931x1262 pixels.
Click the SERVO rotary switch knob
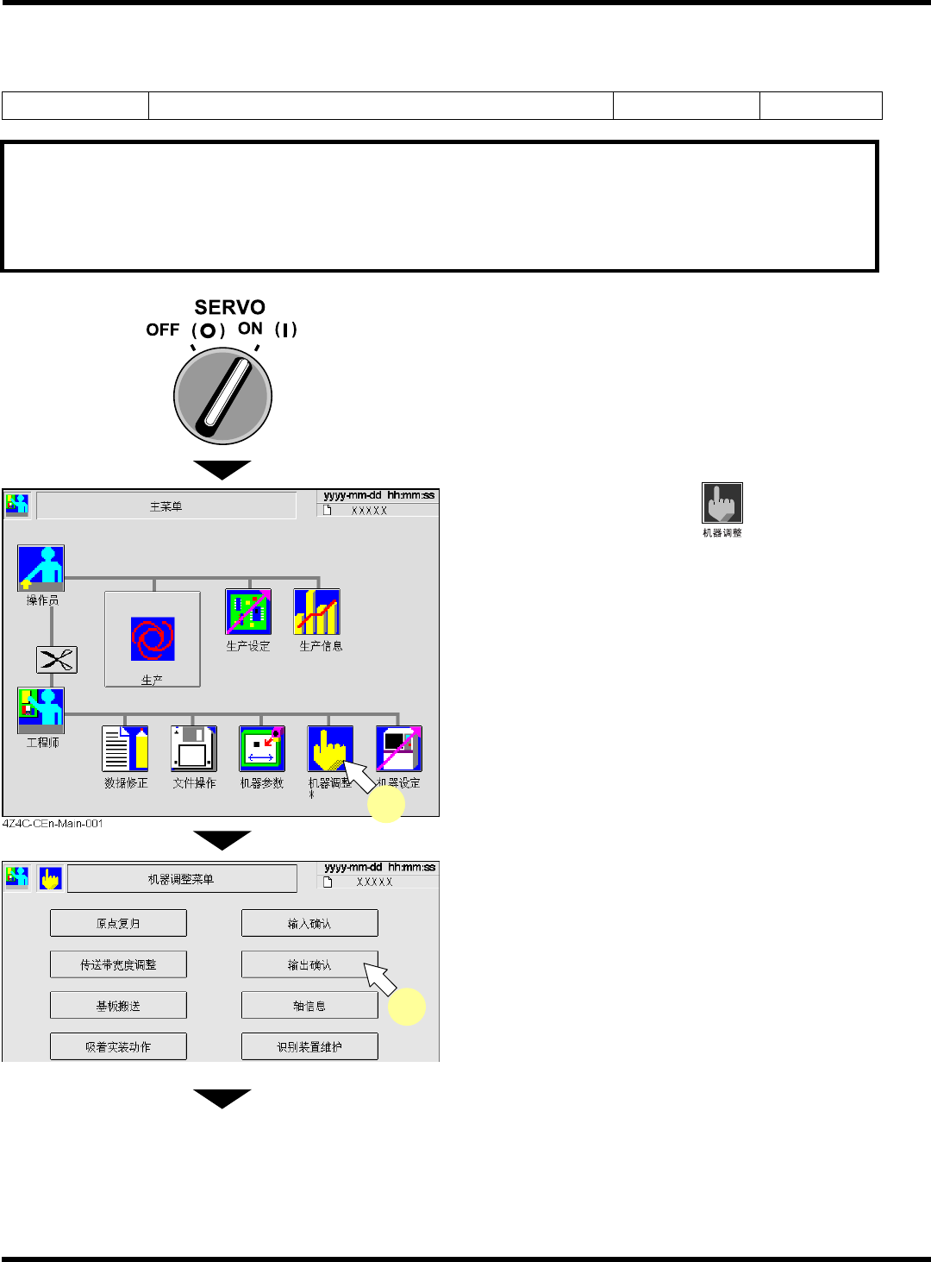[x=222, y=396]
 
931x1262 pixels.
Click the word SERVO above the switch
[x=229, y=307]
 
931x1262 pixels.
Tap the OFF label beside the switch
[x=162, y=330]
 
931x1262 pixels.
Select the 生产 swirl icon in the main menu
[x=153, y=638]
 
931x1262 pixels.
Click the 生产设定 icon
[x=248, y=612]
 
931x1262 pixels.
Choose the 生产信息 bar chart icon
[x=316, y=612]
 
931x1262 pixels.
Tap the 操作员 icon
[x=41, y=568]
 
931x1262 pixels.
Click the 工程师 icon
[x=41, y=710]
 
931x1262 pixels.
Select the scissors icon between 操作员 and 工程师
[x=57, y=660]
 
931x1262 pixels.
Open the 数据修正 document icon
[x=125, y=748]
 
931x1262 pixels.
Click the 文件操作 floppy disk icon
[x=193, y=748]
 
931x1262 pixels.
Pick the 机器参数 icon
[x=262, y=748]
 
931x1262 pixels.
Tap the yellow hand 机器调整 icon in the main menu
[x=330, y=748]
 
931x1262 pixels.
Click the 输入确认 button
[x=309, y=923]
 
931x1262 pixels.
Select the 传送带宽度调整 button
[x=118, y=964]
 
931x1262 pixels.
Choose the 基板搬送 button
[x=118, y=1006]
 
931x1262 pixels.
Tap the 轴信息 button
[x=309, y=1006]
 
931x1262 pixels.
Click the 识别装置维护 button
[x=309, y=1046]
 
